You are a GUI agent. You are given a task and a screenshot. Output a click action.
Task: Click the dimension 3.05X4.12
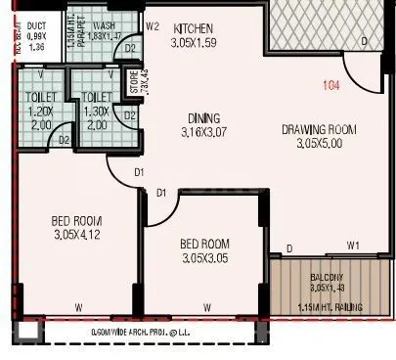pyautogui.click(x=78, y=235)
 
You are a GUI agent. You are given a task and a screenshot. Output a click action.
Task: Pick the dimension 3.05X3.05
pyautogui.click(x=204, y=258)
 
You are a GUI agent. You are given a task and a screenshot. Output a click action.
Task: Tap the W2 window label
pyautogui.click(x=153, y=26)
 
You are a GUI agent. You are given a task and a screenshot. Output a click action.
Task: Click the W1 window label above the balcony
pyautogui.click(x=354, y=245)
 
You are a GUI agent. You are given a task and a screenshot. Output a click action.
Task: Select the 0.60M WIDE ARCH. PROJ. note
pyautogui.click(x=147, y=334)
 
